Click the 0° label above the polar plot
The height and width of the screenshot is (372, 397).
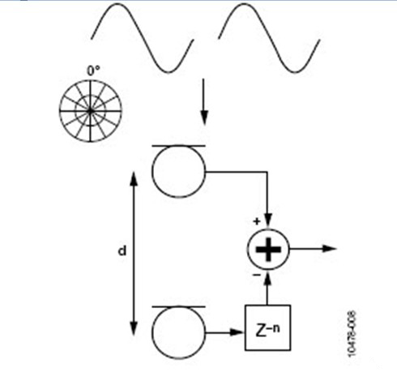tap(93, 71)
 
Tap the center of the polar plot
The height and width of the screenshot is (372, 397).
tap(91, 111)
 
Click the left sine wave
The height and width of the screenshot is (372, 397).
tap(143, 38)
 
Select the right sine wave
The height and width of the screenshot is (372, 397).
tap(269, 38)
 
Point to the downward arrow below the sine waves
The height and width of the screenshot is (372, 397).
tap(204, 102)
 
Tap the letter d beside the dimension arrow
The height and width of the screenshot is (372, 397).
tap(122, 250)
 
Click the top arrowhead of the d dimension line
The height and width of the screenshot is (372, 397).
tap(134, 178)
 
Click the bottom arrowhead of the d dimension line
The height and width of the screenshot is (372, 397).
tap(134, 328)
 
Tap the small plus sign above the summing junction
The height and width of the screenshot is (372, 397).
tap(257, 221)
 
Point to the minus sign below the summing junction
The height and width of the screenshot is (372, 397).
tap(256, 275)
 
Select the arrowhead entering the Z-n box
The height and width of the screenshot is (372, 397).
tap(237, 332)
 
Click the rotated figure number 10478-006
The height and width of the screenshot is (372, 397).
tap(352, 334)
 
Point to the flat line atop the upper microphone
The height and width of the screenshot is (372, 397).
tap(178, 146)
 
